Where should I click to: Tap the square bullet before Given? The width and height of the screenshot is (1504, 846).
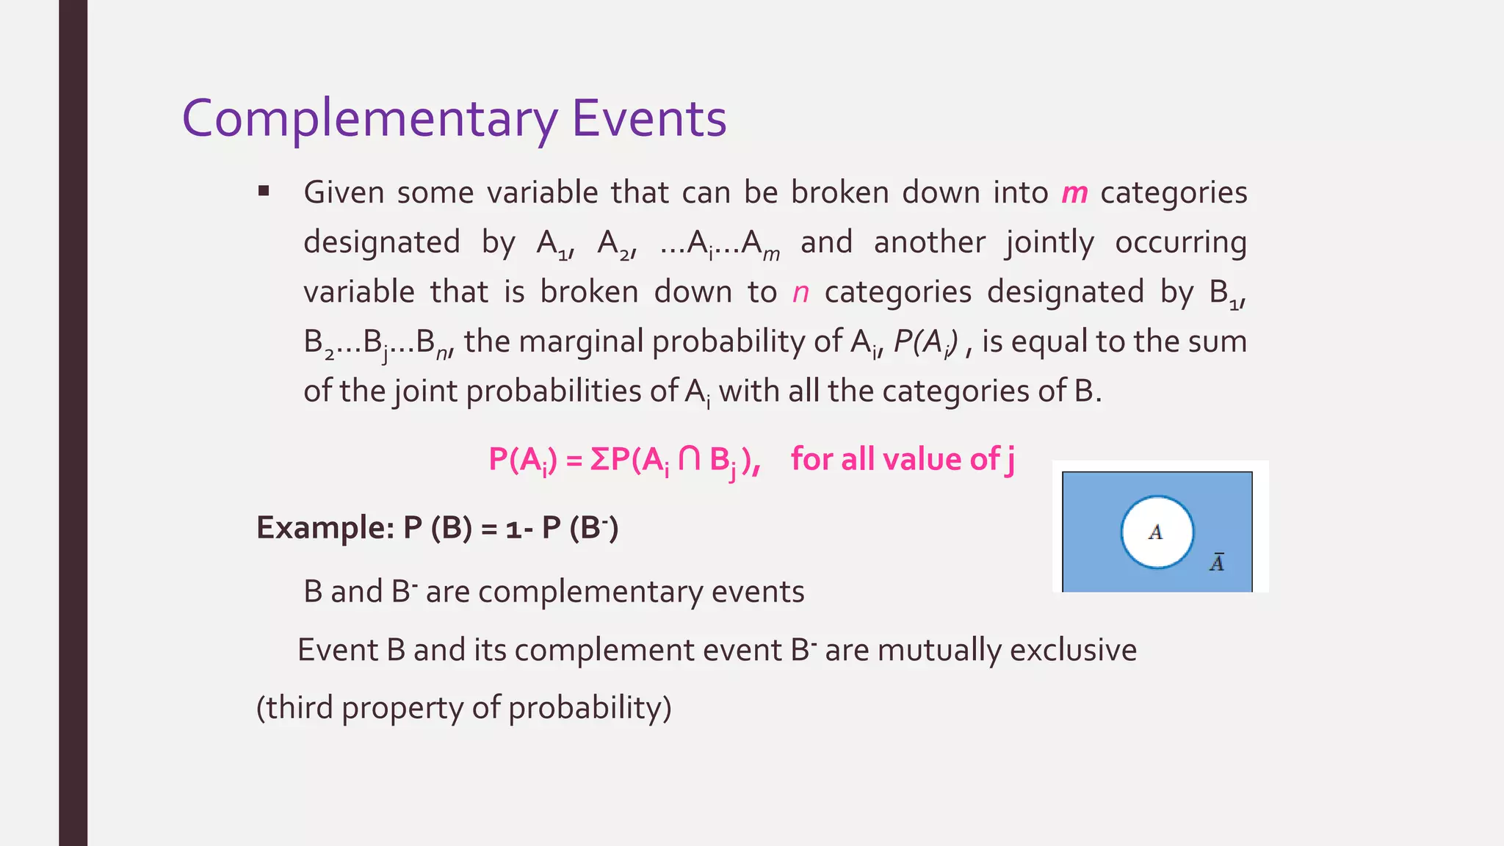[264, 192]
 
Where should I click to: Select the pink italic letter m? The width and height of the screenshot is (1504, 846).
[1074, 193]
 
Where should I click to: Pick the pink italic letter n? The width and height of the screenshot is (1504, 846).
[800, 292]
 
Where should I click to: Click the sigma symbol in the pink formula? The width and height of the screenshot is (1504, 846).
[599, 460]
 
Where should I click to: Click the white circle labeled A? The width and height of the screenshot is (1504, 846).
[1157, 532]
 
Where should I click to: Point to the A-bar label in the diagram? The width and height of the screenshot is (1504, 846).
[1217, 563]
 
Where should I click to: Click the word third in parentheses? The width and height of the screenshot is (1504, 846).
[300, 707]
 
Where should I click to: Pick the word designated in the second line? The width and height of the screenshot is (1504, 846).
[382, 242]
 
